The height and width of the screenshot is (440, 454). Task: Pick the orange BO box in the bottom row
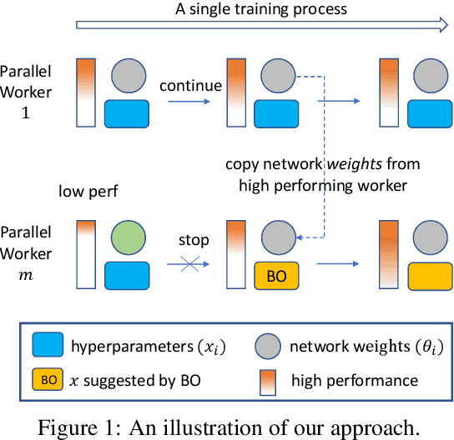click(275, 272)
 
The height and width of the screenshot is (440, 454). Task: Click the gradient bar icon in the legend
click(271, 381)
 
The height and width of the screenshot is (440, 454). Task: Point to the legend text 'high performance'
click(355, 381)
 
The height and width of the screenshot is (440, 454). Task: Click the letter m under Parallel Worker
click(24, 275)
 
